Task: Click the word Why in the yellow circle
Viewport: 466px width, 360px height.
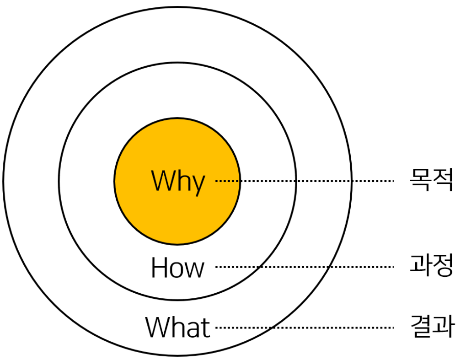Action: tap(178, 181)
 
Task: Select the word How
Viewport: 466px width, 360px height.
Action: tap(177, 268)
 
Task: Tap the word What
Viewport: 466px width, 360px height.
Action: tap(178, 328)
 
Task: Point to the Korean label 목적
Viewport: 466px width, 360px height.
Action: tap(431, 180)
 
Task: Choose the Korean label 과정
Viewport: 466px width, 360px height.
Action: tap(431, 266)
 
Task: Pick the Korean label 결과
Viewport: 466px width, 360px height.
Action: tap(431, 327)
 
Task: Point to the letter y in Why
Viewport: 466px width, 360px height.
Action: tap(197, 184)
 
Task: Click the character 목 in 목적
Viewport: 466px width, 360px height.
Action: tap(420, 180)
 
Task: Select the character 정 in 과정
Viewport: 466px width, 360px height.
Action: tap(442, 266)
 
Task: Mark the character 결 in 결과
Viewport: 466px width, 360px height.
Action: tap(420, 327)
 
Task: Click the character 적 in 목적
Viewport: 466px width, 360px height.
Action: tap(442, 180)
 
